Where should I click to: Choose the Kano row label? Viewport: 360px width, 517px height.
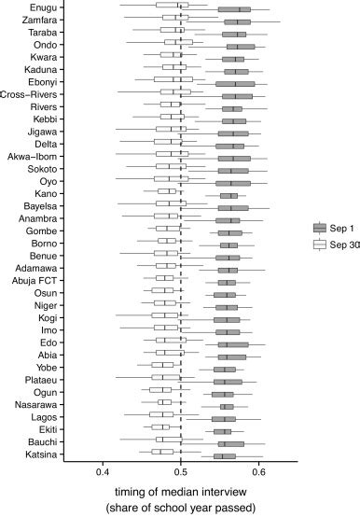[40, 194]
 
